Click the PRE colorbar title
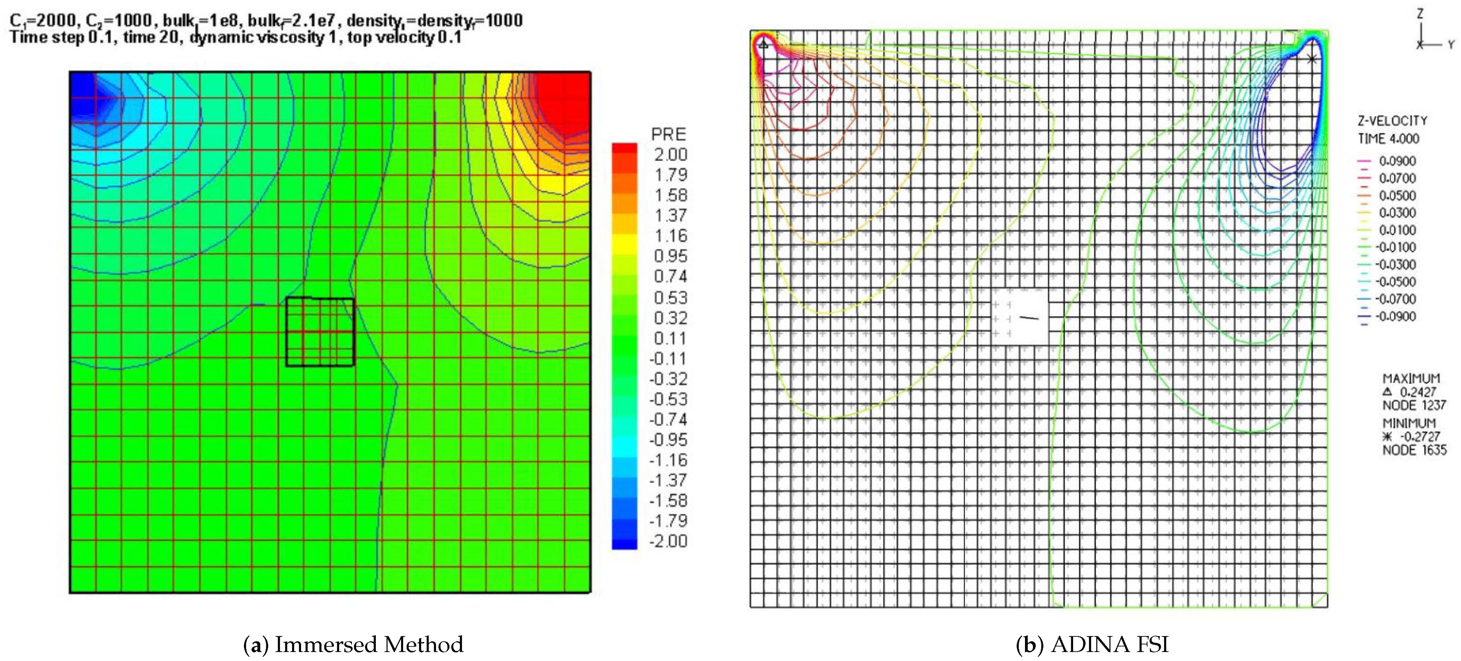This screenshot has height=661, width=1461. pos(668,134)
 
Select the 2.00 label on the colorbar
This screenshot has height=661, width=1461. pos(670,154)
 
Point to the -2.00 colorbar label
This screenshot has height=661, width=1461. pos(668,541)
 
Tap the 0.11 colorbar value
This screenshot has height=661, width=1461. pos(670,338)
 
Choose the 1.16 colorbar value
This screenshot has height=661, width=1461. pos(670,235)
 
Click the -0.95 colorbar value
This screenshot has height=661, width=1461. pos(668,440)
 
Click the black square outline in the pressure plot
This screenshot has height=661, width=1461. pos(320,298)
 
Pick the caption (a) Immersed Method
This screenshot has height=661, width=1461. pos(353,645)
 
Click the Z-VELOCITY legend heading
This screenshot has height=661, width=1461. pos(1392,121)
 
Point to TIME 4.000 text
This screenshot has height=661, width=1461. pos(1388,138)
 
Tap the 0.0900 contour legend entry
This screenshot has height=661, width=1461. pos(1397,161)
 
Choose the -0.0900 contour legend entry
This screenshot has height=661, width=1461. pos(1395,317)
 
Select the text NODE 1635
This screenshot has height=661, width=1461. pos(1414,450)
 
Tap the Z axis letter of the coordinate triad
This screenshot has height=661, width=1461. pos(1420,13)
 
